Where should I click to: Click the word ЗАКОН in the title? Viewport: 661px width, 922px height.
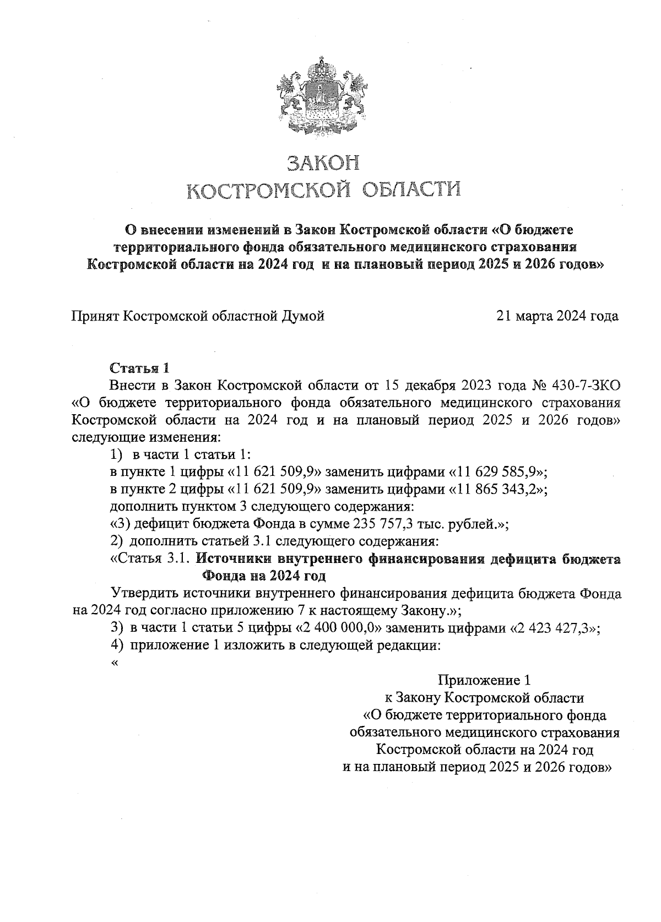(323, 163)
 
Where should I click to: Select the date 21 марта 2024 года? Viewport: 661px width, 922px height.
(557, 316)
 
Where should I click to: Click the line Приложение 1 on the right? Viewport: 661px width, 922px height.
(485, 680)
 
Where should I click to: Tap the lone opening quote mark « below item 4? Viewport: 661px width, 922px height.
(115, 663)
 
